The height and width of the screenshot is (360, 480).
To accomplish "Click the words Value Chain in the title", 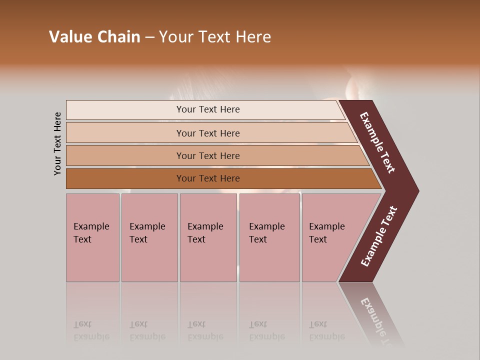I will pos(94,37).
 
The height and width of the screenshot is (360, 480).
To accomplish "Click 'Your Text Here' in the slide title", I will pos(215,37).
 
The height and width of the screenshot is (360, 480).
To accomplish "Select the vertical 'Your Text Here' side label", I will pos(57,143).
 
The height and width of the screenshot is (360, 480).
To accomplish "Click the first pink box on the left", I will pos(92,237).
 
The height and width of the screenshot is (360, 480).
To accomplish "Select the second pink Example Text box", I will pos(149,237).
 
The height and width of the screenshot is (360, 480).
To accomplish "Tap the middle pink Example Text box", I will pos(208,237).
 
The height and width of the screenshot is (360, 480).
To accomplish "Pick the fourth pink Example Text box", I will pos(269,237).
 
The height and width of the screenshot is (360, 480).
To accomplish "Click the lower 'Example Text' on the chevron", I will pos(378,236).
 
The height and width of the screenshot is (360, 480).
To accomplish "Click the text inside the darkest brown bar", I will pos(208,178).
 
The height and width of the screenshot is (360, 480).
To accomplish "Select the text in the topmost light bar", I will pos(208,109).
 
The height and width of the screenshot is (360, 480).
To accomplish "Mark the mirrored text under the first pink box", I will pos(91,330).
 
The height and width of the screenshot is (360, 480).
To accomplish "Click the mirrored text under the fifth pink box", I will pos(326,330).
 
